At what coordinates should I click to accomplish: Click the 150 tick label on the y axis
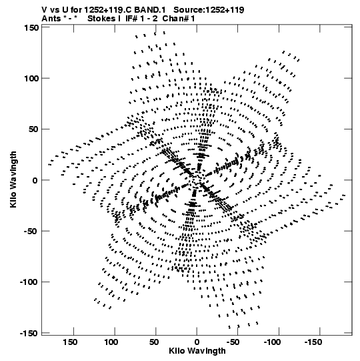31,28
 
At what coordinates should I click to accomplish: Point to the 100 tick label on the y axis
31,79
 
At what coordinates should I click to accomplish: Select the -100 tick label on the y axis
29,282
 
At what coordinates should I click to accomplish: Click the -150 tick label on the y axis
29,333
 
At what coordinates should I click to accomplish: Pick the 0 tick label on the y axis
35,180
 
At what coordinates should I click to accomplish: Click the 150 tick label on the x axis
70,342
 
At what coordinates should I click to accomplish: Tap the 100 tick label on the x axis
111,342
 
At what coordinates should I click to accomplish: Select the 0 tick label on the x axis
197,342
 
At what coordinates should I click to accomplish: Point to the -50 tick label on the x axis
233,342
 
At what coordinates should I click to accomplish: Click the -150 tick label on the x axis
313,342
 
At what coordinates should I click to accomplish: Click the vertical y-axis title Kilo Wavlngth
13,179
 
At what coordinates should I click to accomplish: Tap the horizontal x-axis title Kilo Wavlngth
197,351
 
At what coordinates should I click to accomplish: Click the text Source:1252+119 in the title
209,10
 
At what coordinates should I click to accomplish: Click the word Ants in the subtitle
51,19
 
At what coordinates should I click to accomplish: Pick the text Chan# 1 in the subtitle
179,19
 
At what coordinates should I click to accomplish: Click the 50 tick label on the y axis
33,129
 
